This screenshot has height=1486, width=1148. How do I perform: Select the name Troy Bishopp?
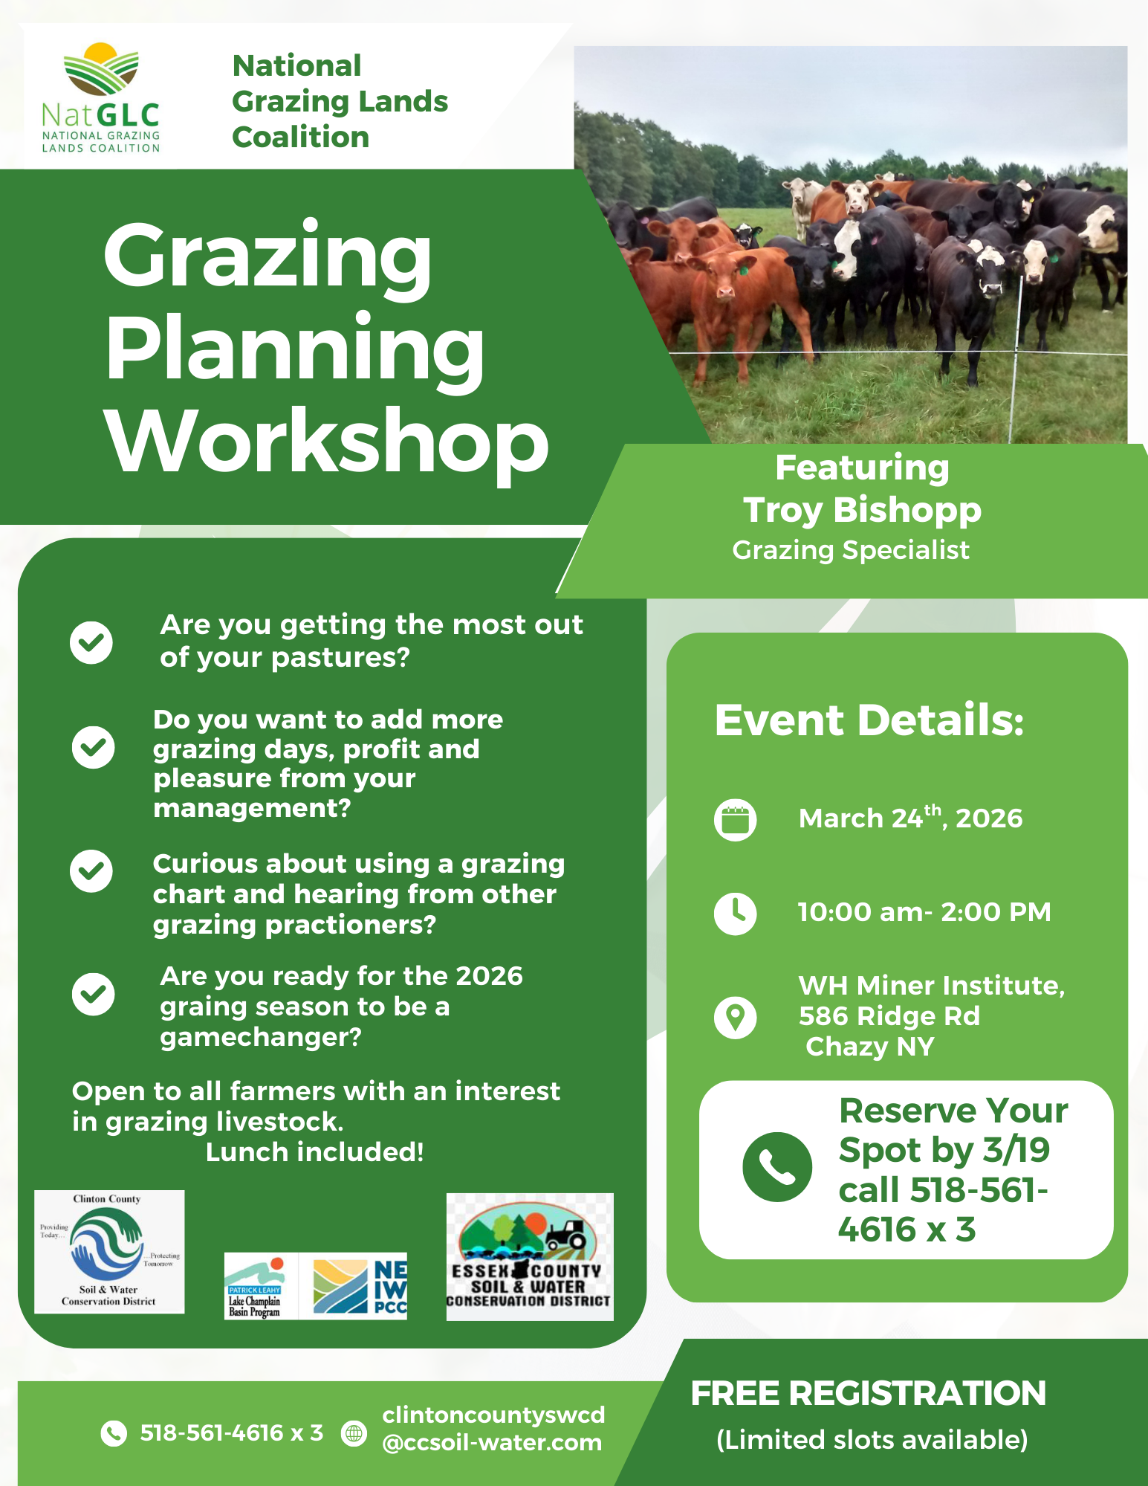pyautogui.click(x=862, y=510)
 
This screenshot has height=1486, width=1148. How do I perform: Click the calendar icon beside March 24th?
pyautogui.click(x=735, y=820)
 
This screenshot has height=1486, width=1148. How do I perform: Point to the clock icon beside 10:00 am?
pyautogui.click(x=735, y=913)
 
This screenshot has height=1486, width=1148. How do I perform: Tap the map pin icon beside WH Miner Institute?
pyautogui.click(x=735, y=1017)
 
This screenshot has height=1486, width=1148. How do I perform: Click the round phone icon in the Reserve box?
pyautogui.click(x=776, y=1167)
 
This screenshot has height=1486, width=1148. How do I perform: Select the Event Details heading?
pyautogui.click(x=869, y=720)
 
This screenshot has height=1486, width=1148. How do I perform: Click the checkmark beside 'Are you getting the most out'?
pyautogui.click(x=91, y=642)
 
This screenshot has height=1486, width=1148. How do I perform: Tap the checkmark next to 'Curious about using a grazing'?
pyautogui.click(x=91, y=870)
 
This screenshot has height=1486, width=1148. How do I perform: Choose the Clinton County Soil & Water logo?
pyautogui.click(x=109, y=1252)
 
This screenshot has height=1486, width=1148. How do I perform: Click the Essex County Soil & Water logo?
pyautogui.click(x=530, y=1257)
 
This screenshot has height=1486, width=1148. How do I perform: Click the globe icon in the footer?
pyautogui.click(x=354, y=1432)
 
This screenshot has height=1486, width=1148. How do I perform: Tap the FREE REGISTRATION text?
pyautogui.click(x=869, y=1394)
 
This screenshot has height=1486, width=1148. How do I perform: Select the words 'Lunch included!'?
pyautogui.click(x=314, y=1152)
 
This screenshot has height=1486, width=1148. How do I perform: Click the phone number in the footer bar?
pyautogui.click(x=232, y=1432)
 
